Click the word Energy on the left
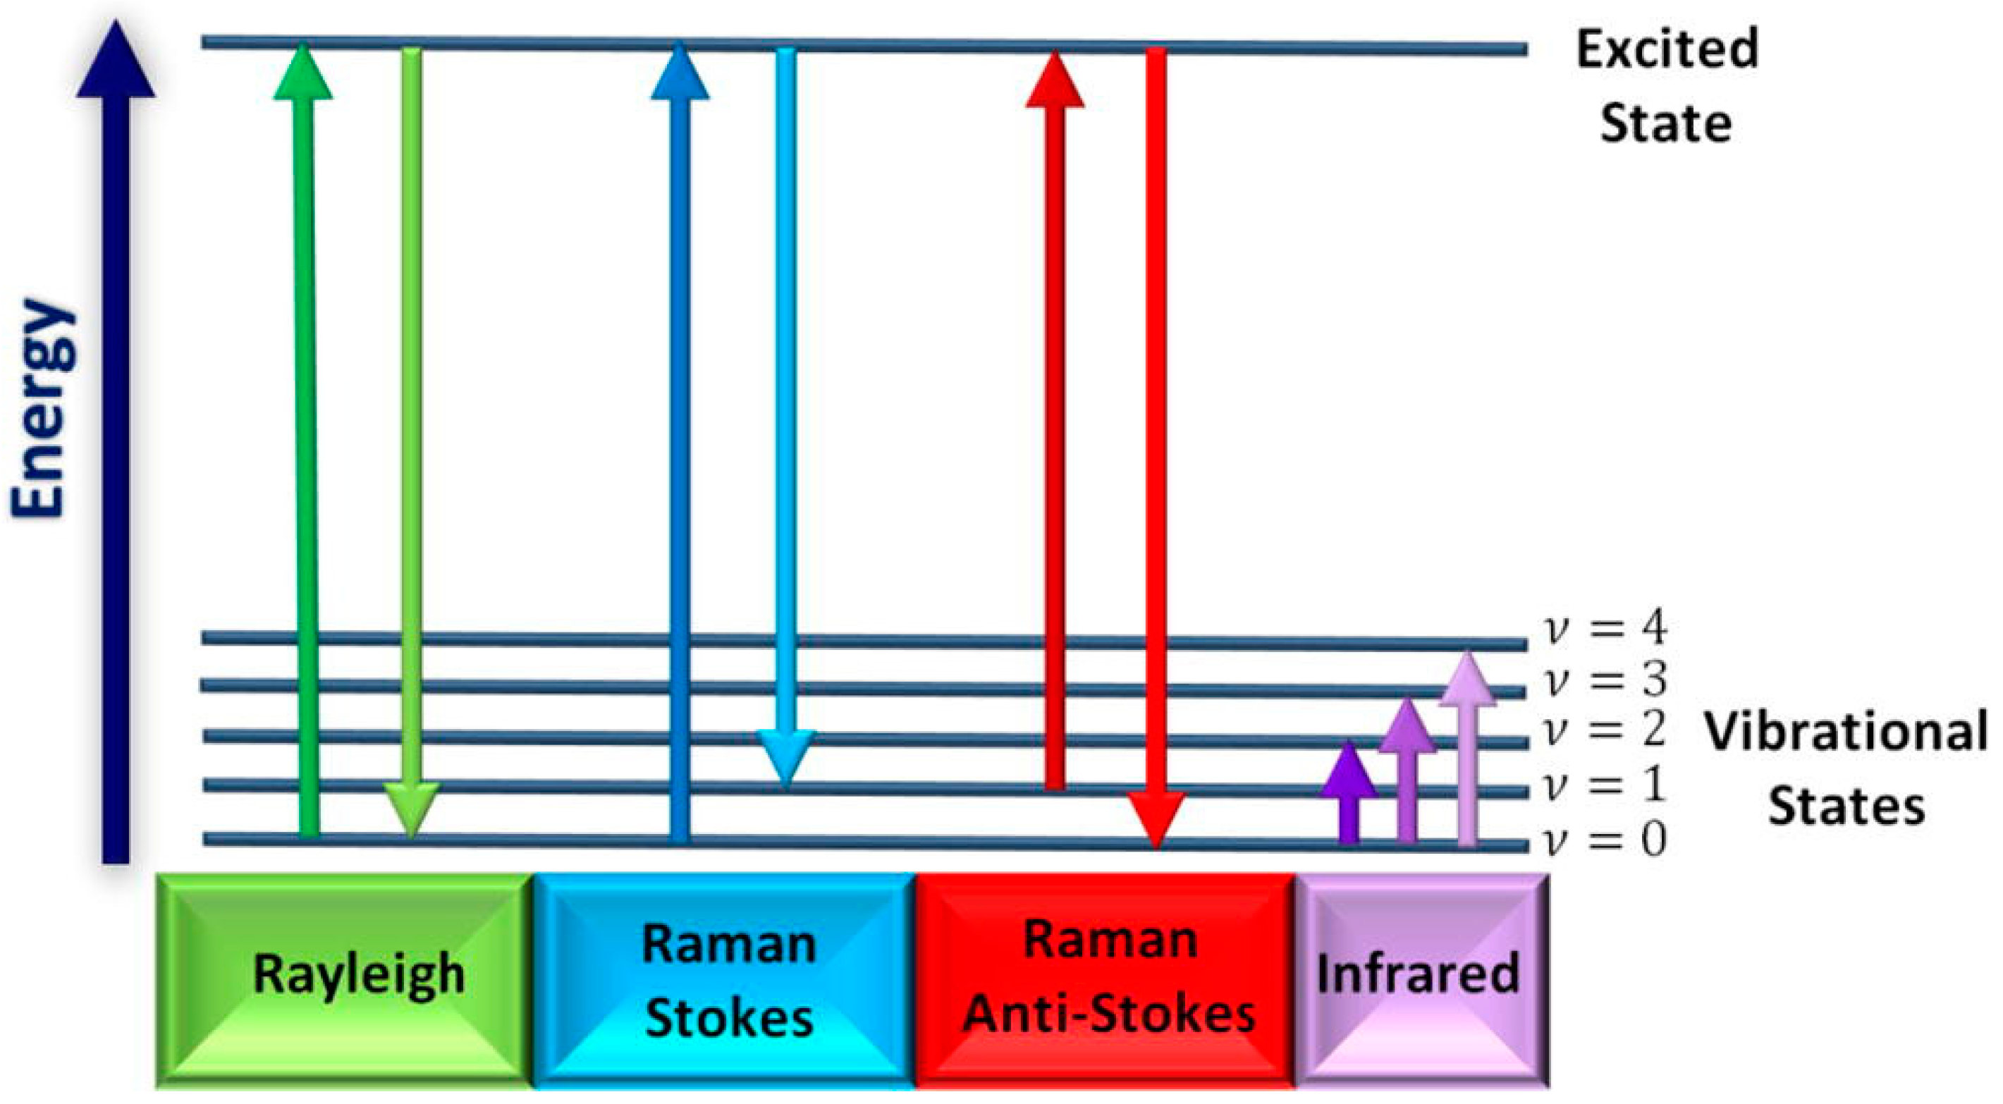43,407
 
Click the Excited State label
1665,85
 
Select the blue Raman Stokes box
725,980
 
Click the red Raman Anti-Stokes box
1105,980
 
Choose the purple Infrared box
1420,980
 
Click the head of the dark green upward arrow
303,74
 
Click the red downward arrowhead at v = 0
1156,820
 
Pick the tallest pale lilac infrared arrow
1467,754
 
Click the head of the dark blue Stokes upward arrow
680,74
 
